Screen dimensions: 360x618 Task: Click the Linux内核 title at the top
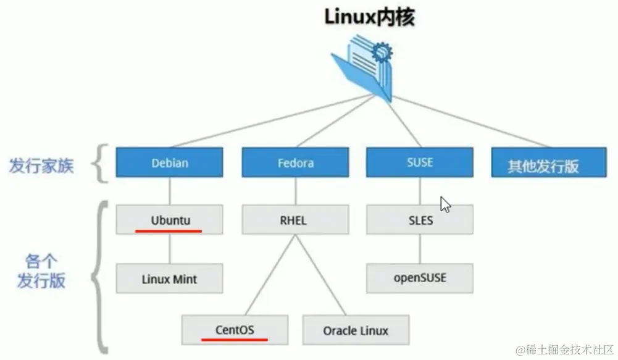click(x=369, y=17)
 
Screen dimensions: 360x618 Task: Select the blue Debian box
click(x=170, y=164)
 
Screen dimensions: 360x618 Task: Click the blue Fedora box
click(x=295, y=164)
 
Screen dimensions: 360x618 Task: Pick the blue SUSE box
click(x=420, y=162)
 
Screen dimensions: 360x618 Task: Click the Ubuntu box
click(x=170, y=220)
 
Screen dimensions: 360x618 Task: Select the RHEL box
click(x=295, y=220)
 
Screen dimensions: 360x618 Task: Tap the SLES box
click(x=420, y=220)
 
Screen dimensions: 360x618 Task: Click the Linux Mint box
click(x=170, y=278)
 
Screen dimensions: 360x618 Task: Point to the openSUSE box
click(x=420, y=278)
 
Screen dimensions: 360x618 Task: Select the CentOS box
click(x=235, y=330)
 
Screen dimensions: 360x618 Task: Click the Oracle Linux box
click(x=355, y=330)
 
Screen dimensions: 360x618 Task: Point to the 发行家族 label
click(x=41, y=165)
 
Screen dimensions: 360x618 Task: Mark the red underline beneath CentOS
click(x=235, y=339)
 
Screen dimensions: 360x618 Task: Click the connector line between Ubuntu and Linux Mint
click(x=170, y=249)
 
